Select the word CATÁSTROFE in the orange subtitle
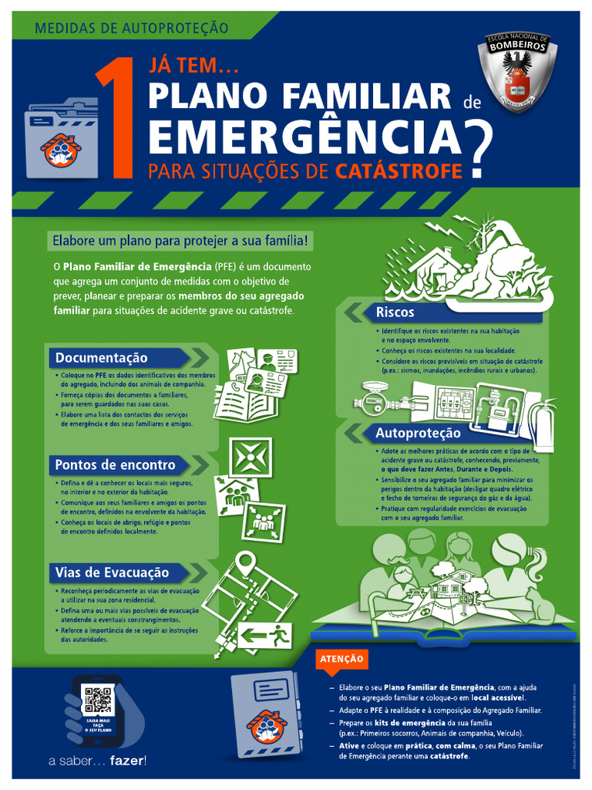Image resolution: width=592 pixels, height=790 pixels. pos(399,170)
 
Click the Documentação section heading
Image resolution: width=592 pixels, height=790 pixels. pos(102,358)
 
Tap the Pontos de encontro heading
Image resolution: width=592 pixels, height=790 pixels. pos(115,465)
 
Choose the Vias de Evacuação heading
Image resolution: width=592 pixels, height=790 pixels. pos(112,572)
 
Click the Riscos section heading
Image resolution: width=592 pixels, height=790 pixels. pos(395,312)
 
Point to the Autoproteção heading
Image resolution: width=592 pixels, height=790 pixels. pos(418,433)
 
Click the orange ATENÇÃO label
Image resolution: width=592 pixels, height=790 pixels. pos(341,659)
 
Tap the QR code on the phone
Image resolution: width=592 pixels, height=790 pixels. pos(98,700)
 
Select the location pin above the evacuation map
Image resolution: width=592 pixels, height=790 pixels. pos(245,561)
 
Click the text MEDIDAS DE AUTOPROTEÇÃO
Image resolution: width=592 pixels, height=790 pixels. pos(132,29)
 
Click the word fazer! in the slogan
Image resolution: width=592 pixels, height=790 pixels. pos(128,761)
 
